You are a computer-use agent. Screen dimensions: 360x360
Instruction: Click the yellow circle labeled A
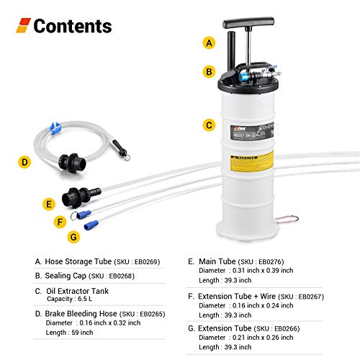coord(210,42)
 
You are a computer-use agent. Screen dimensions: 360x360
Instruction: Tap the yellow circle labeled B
coord(210,71)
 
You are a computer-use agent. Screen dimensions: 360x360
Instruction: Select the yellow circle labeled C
coord(210,125)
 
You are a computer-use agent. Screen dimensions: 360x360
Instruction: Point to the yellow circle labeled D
coord(24,163)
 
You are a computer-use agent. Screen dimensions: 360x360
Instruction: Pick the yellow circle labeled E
coord(49,204)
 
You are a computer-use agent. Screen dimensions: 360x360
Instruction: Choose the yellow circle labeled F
coord(60,222)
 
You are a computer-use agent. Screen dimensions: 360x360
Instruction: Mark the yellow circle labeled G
coord(72,236)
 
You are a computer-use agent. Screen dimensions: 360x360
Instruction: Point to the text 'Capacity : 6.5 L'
coord(72,300)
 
